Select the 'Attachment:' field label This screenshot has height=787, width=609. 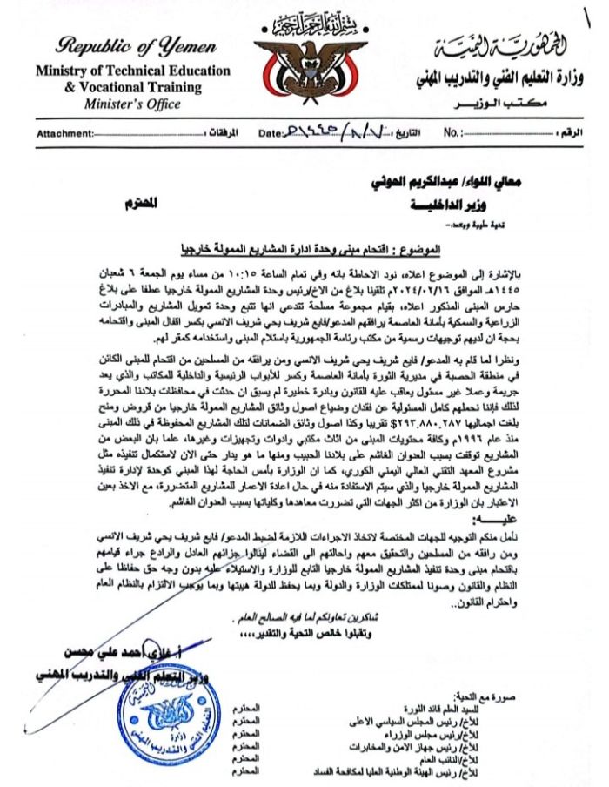point(64,134)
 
